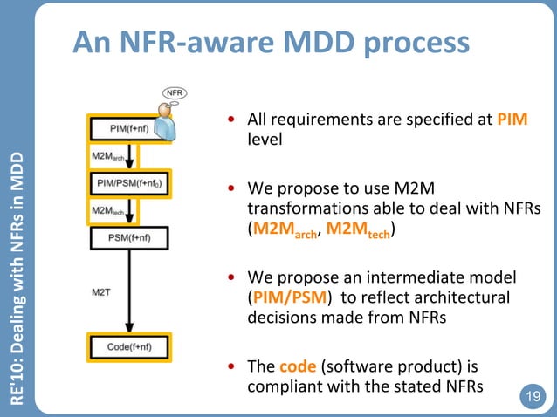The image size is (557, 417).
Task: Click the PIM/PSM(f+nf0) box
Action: pyautogui.click(x=130, y=184)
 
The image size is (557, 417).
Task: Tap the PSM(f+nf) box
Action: pyautogui.click(x=129, y=236)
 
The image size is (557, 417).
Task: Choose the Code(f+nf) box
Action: pyautogui.click(x=129, y=346)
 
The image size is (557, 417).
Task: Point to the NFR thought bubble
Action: pyautogui.click(x=175, y=92)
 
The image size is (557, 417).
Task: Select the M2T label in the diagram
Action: pyautogui.click(x=102, y=291)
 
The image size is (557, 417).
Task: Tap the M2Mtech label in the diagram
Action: pyautogui.click(x=107, y=211)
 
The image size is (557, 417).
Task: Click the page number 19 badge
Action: pyautogui.click(x=530, y=397)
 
